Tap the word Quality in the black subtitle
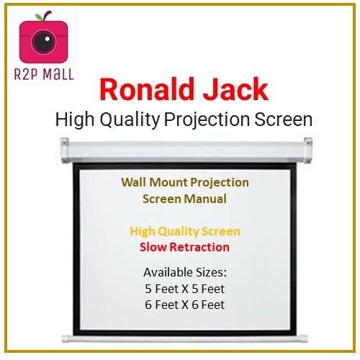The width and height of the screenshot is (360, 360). (x=124, y=120)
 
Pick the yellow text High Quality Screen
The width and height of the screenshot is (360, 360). (x=186, y=232)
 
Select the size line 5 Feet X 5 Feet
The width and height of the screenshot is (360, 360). (x=186, y=288)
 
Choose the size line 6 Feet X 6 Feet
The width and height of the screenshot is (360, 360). (x=186, y=305)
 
